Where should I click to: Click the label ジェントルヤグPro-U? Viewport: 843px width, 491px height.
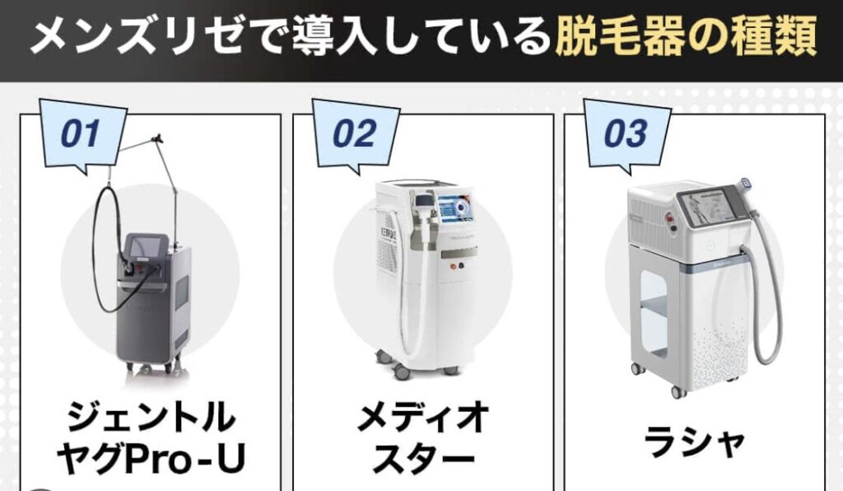[x=151, y=438]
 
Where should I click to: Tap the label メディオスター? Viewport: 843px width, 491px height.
[x=424, y=438]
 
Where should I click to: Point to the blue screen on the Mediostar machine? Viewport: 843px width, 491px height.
[x=455, y=207]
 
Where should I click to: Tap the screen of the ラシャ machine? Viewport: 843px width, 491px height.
[x=707, y=208]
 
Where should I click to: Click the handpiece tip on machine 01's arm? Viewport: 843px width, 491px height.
[x=157, y=139]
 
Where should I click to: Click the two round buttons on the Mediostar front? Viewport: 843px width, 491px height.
[x=456, y=266]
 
